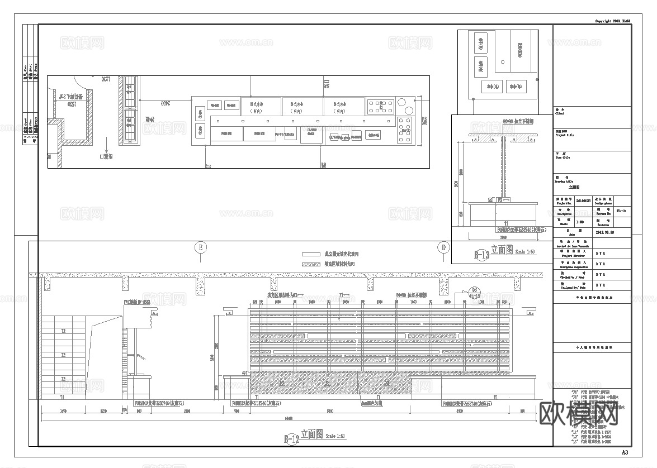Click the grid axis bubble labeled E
tap(200, 247)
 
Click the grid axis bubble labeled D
tap(443, 247)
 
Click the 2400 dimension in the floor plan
tap(166, 103)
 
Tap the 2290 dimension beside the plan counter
tap(424, 121)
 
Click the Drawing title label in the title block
tap(564, 182)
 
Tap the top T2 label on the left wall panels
tap(63, 331)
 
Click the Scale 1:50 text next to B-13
tap(525, 252)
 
